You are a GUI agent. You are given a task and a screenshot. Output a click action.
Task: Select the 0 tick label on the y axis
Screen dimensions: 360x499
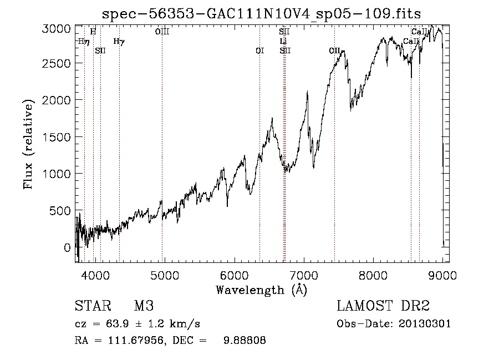click(x=68, y=247)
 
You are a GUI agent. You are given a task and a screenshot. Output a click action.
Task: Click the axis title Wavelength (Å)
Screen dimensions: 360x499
click(x=261, y=289)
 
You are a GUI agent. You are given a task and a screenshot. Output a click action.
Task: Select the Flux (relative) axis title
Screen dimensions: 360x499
click(x=28, y=144)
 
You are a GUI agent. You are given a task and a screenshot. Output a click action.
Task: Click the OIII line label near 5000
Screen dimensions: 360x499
click(x=162, y=32)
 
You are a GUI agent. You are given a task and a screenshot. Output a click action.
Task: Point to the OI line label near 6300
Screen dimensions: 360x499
click(x=259, y=50)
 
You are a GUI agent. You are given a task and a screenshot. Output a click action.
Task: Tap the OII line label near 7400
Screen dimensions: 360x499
click(x=334, y=50)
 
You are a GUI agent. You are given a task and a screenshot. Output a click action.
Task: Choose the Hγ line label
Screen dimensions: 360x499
click(x=119, y=41)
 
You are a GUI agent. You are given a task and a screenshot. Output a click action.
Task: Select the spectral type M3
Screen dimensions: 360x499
click(x=143, y=306)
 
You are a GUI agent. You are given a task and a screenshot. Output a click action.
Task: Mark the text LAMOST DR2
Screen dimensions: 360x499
click(x=383, y=306)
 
